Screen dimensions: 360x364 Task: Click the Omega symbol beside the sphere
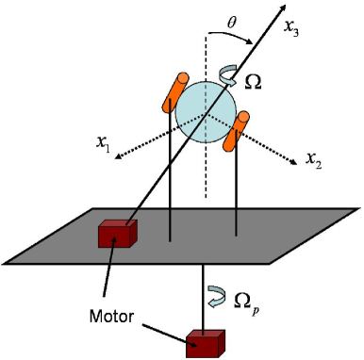[x=254, y=82]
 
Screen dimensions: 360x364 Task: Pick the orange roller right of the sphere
[x=235, y=130]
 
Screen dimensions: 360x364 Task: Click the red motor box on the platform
[x=117, y=233]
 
